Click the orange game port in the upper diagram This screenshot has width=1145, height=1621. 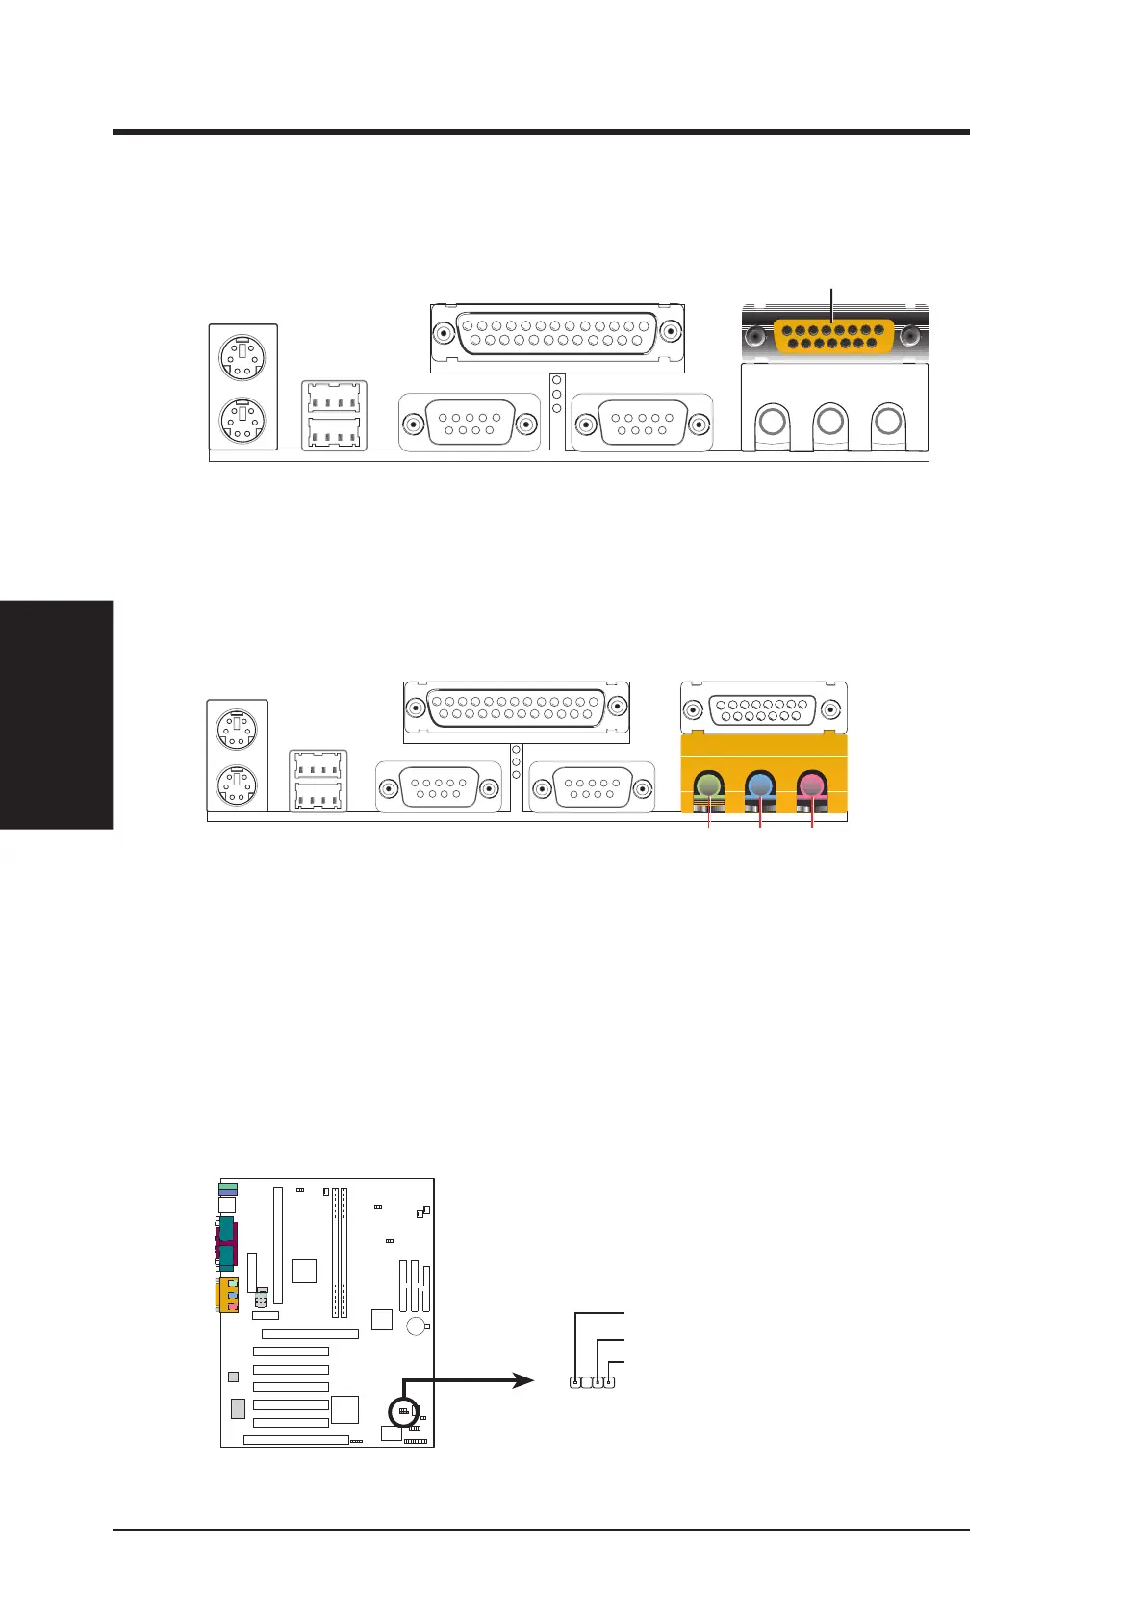[x=834, y=336]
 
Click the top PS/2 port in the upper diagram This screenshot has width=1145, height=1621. [x=242, y=360]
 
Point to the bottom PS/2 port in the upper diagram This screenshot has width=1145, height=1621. [x=242, y=421]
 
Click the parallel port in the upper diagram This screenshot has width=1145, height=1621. [x=556, y=335]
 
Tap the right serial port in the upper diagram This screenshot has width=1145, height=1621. [x=642, y=424]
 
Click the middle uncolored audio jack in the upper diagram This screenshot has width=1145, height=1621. [x=829, y=421]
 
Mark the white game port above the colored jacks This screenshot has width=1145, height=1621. [x=764, y=710]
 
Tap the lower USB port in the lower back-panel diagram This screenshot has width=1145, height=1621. [x=318, y=797]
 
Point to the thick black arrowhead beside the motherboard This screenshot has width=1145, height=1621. [x=522, y=1380]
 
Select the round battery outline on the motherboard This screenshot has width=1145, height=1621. [x=417, y=1327]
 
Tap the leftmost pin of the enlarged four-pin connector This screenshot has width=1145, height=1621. [x=575, y=1383]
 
